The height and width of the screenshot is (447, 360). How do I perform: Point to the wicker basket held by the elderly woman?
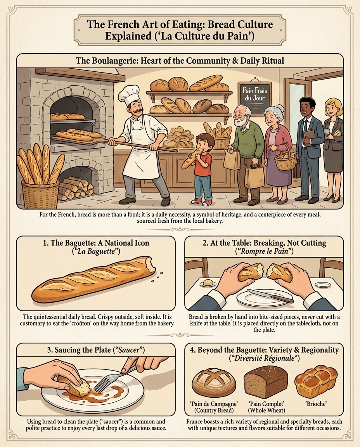tap(286, 159)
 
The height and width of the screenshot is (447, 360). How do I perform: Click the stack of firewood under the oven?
tap(76, 188)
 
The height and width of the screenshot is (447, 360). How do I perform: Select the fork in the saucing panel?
tap(113, 378)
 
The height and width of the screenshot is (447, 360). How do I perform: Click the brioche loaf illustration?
tap(315, 382)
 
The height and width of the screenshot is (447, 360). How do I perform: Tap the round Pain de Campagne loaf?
tap(214, 381)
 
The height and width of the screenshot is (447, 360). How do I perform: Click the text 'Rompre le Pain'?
tap(264, 251)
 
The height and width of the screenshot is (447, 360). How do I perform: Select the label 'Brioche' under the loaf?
tap(315, 404)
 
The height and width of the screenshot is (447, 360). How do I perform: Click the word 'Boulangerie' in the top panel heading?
tap(114, 61)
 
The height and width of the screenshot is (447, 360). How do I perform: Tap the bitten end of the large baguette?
tap(150, 264)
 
